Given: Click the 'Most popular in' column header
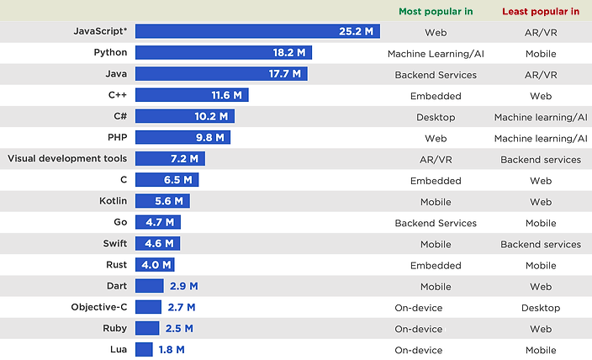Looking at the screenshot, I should [x=436, y=11].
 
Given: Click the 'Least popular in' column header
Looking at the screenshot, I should [x=541, y=11].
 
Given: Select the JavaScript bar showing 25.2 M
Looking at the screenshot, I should [x=257, y=32].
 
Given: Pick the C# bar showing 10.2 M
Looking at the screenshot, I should [x=185, y=117].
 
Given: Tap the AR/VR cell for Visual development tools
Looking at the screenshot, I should [x=436, y=159].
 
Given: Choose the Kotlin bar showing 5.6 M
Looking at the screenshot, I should [x=162, y=201].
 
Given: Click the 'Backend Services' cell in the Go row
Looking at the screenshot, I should [x=436, y=223].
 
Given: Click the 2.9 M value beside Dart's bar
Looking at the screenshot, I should [x=183, y=287].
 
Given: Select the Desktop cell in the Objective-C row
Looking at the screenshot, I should [x=541, y=308].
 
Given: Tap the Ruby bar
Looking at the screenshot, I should [x=147, y=328].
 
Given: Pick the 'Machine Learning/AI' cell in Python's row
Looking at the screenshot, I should [x=436, y=53].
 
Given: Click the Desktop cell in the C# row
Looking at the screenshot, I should [x=436, y=117].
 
